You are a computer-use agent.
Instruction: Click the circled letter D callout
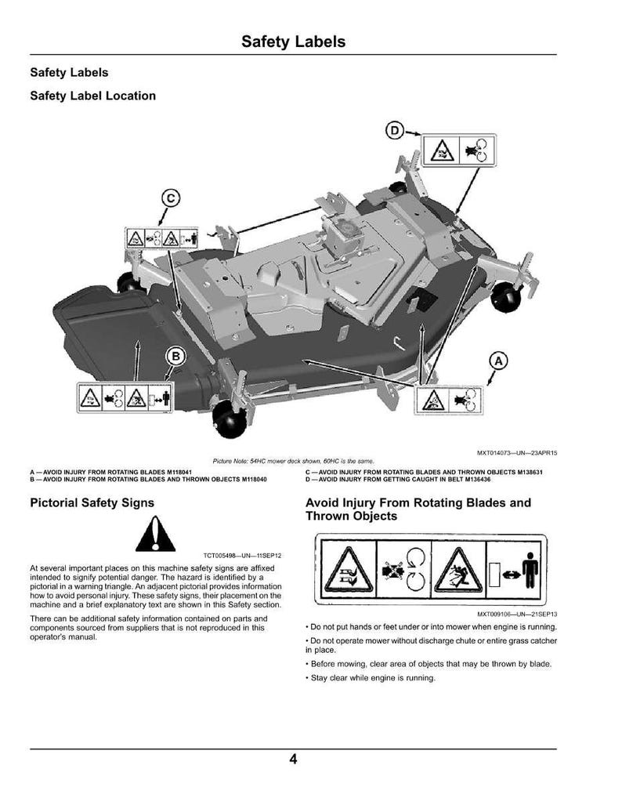click(394, 131)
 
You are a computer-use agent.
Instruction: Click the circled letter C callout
click(171, 198)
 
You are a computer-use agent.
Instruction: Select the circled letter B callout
click(175, 356)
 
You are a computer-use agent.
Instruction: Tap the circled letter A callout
click(498, 361)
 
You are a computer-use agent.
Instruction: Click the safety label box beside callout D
click(459, 150)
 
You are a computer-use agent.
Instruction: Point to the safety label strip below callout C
click(161, 238)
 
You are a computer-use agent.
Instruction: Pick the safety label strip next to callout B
click(125, 397)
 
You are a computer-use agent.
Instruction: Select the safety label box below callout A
click(449, 401)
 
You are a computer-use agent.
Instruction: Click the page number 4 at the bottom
click(293, 759)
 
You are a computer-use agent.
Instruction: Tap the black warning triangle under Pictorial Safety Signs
click(155, 534)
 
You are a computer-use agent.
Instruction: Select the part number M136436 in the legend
click(478, 479)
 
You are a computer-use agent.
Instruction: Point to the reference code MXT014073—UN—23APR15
click(517, 453)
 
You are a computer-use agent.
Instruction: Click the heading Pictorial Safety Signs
click(92, 502)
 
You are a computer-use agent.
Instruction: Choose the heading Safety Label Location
click(93, 96)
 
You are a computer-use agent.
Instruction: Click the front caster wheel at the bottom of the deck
click(229, 419)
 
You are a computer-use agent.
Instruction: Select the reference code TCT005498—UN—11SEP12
click(242, 556)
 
